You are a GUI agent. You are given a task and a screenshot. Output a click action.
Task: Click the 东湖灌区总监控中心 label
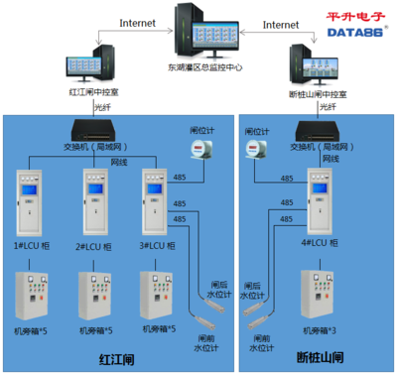coord(206,68)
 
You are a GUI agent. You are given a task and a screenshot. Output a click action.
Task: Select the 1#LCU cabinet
coord(33,198)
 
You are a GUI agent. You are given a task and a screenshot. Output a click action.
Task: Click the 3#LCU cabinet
coord(156,198)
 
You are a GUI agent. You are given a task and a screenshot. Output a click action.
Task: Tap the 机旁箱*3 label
coord(318,330)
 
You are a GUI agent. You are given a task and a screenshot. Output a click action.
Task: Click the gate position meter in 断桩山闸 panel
coord(254,148)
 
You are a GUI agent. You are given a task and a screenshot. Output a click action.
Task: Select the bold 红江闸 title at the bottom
coord(118,358)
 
